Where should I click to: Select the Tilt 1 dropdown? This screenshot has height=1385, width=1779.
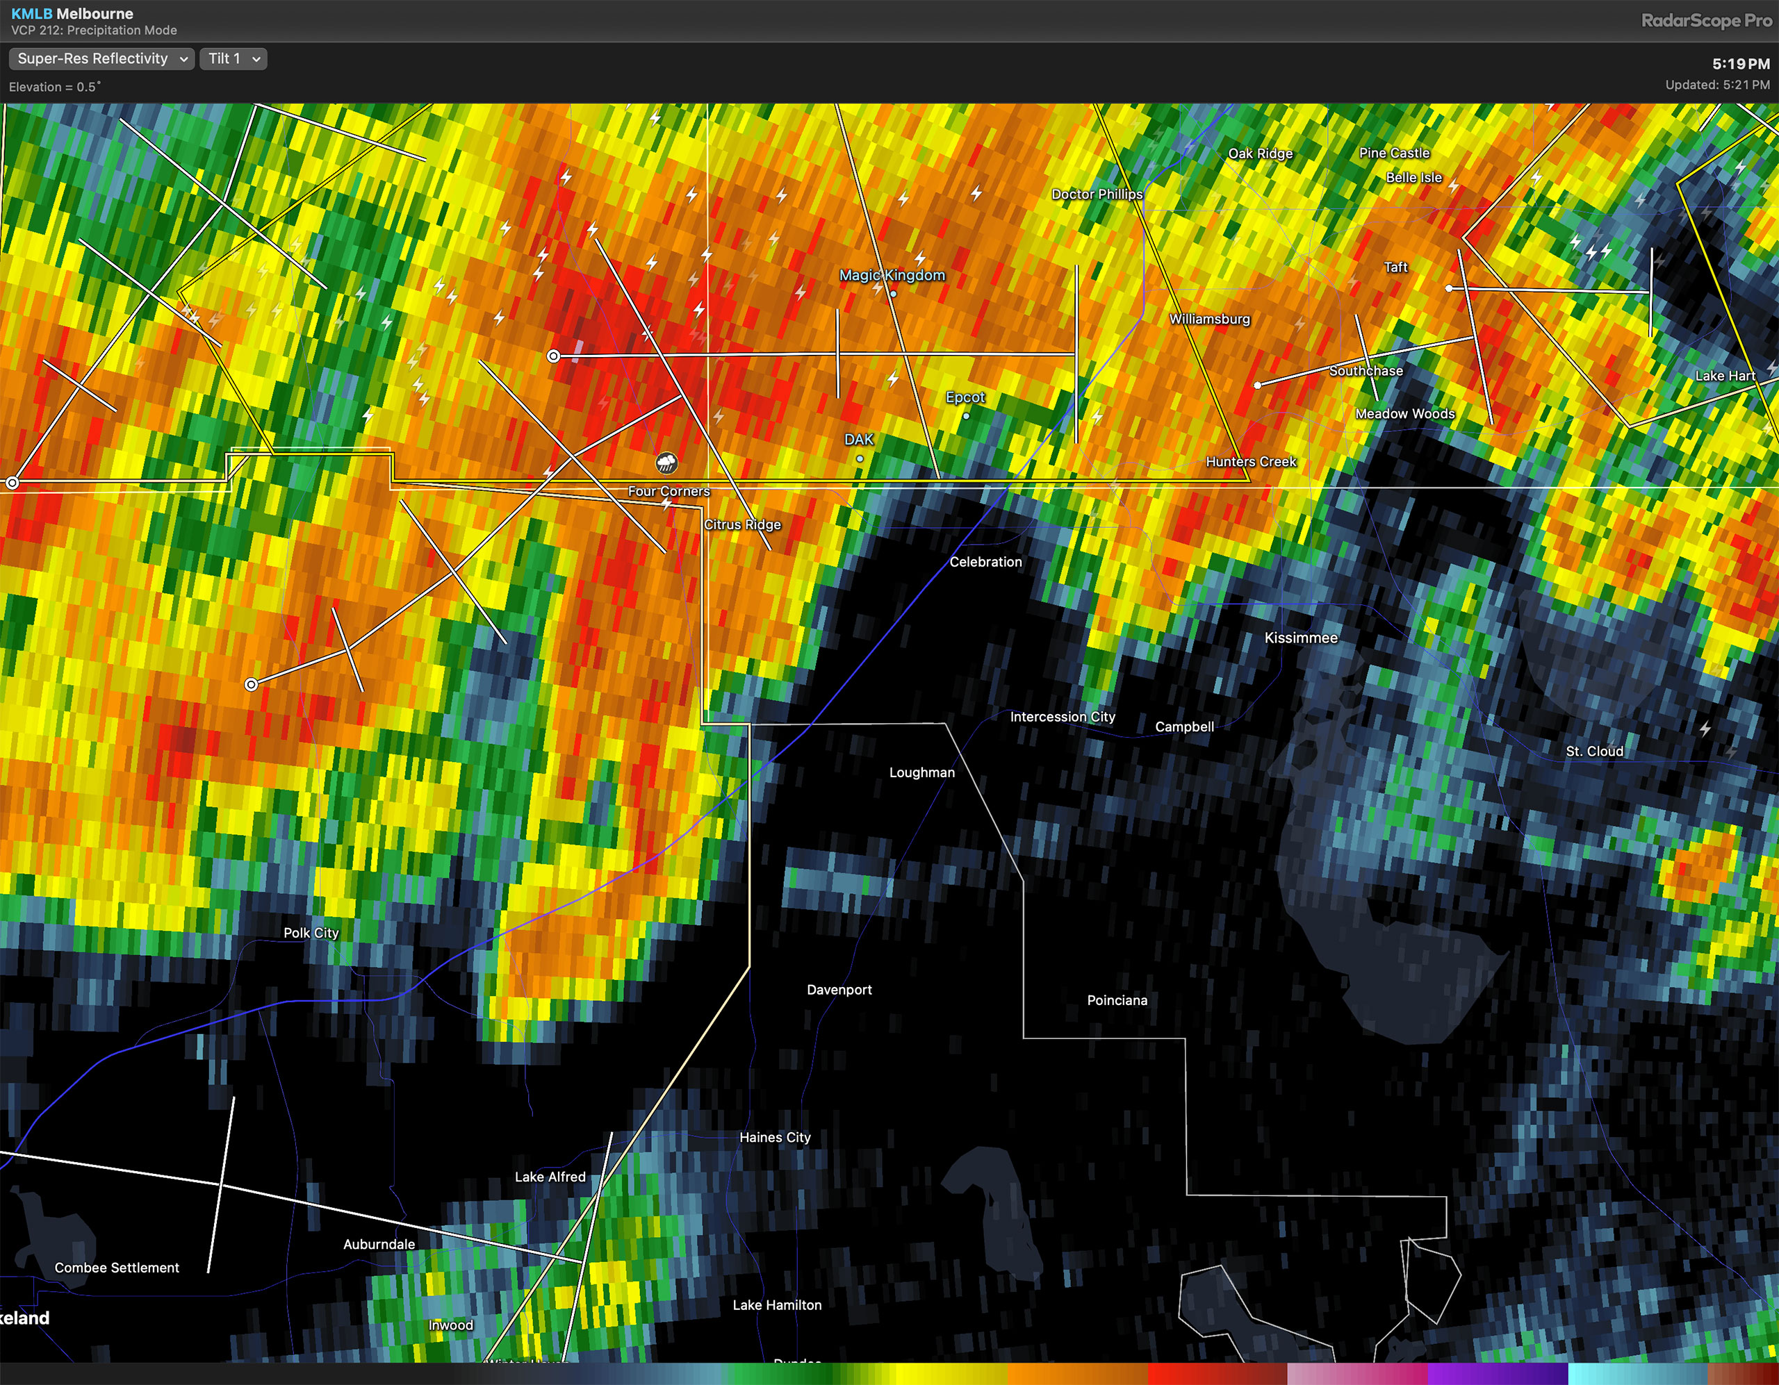pyautogui.click(x=233, y=58)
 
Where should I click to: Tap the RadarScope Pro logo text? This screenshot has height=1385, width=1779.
pyautogui.click(x=1706, y=21)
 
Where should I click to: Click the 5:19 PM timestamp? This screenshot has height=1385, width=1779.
pyautogui.click(x=1740, y=63)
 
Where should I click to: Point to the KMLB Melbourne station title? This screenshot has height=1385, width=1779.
pyautogui.click(x=72, y=14)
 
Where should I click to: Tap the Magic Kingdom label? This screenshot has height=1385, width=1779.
pyautogui.click(x=892, y=275)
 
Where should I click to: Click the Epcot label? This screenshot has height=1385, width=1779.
pyautogui.click(x=965, y=397)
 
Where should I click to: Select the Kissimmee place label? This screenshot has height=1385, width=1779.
pyautogui.click(x=1300, y=638)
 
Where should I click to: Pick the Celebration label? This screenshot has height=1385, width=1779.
pyautogui.click(x=985, y=562)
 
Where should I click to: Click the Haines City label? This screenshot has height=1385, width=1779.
pyautogui.click(x=775, y=1138)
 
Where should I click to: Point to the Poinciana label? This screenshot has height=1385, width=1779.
pyautogui.click(x=1117, y=1000)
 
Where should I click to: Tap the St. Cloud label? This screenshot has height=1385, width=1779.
pyautogui.click(x=1594, y=751)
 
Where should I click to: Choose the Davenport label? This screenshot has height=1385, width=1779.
pyautogui.click(x=839, y=989)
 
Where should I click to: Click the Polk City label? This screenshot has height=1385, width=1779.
pyautogui.click(x=311, y=932)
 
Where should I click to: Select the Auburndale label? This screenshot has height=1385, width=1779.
pyautogui.click(x=379, y=1243)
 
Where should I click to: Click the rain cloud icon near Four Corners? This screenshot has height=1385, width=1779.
pyautogui.click(x=666, y=463)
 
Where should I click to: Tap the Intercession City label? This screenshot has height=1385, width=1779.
pyautogui.click(x=1062, y=717)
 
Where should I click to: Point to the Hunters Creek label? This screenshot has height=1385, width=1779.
pyautogui.click(x=1250, y=462)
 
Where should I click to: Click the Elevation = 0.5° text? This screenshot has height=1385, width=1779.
pyautogui.click(x=55, y=87)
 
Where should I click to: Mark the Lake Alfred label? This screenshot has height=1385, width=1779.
pyautogui.click(x=550, y=1177)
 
